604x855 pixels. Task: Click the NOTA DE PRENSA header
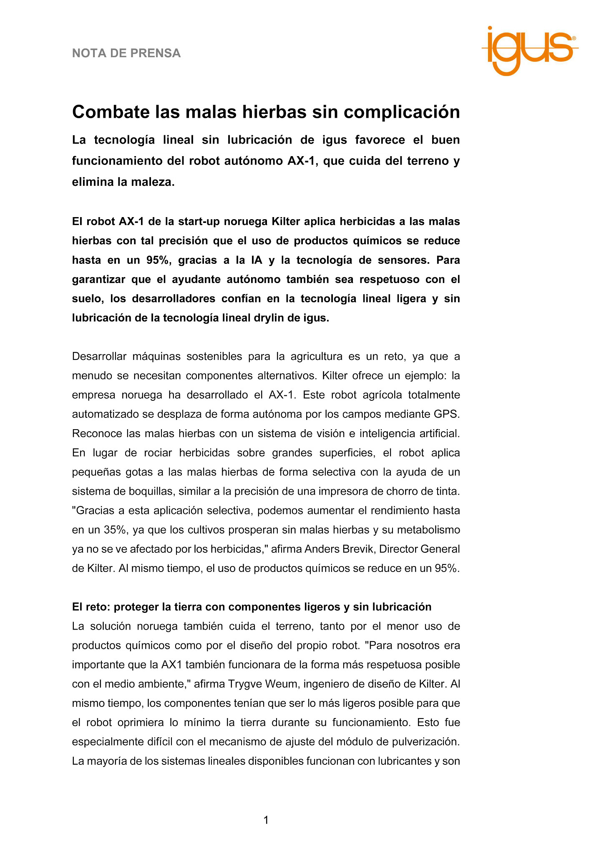point(126,53)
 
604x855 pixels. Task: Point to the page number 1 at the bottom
point(266,820)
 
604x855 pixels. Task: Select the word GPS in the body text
point(448,414)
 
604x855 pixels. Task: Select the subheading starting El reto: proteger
point(252,607)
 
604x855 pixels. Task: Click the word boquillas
point(152,491)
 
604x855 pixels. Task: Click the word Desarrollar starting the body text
point(99,357)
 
